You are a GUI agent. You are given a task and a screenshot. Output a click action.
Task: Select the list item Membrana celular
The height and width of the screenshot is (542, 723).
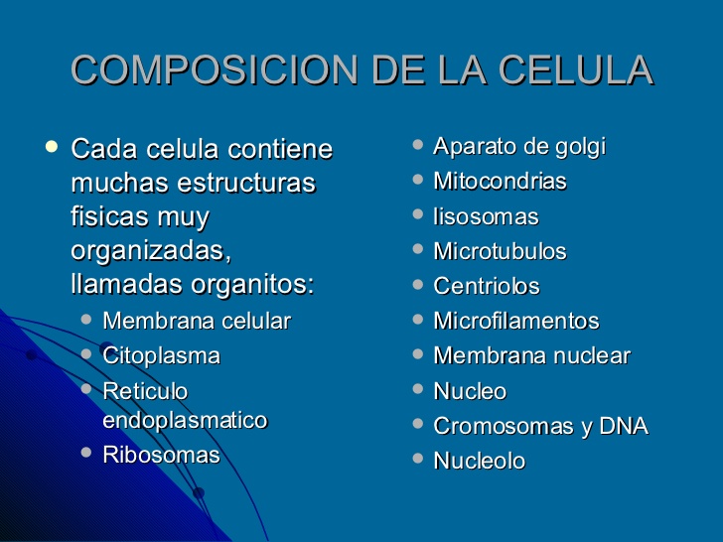(197, 322)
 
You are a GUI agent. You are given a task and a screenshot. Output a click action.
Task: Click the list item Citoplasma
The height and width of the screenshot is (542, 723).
(161, 355)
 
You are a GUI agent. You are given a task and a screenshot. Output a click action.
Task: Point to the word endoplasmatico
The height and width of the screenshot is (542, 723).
(185, 421)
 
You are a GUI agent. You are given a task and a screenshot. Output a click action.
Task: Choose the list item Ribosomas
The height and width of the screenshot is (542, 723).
(161, 456)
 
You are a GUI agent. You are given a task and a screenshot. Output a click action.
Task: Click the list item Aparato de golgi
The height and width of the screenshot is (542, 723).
(519, 147)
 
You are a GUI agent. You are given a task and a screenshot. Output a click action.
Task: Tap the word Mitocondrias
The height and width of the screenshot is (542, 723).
(500, 182)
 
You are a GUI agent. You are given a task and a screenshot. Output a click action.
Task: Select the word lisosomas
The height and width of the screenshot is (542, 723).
(486, 216)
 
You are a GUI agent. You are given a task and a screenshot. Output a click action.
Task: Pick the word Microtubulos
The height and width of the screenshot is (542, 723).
(500, 251)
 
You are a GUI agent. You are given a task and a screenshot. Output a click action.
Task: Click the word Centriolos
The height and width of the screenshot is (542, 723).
(487, 287)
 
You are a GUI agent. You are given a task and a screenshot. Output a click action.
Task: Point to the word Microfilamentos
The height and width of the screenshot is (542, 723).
(516, 322)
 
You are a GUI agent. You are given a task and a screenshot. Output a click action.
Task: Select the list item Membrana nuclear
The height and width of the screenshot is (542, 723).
(531, 356)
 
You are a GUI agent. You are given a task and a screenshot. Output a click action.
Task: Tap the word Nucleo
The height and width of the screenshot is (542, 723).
(470, 391)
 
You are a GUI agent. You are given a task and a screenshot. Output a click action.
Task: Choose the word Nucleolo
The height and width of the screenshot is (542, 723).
(480, 462)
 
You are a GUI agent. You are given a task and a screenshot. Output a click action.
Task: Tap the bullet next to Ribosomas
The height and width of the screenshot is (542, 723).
(86, 453)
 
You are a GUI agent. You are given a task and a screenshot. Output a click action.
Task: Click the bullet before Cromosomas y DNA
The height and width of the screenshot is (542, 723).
(418, 424)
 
